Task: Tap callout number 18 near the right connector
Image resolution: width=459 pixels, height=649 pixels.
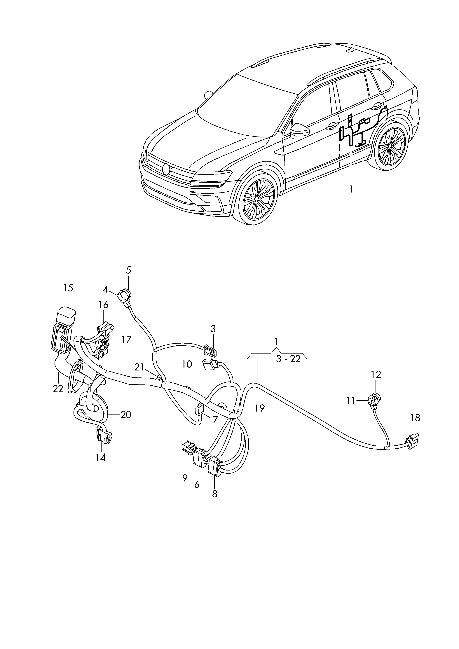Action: click(x=415, y=418)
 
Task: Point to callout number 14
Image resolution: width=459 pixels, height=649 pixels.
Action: click(x=100, y=457)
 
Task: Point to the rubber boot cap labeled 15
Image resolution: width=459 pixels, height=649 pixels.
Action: click(x=66, y=316)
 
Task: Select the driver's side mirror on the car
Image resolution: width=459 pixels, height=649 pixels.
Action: click(x=298, y=130)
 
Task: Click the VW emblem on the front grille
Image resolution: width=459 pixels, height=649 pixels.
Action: click(x=166, y=169)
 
